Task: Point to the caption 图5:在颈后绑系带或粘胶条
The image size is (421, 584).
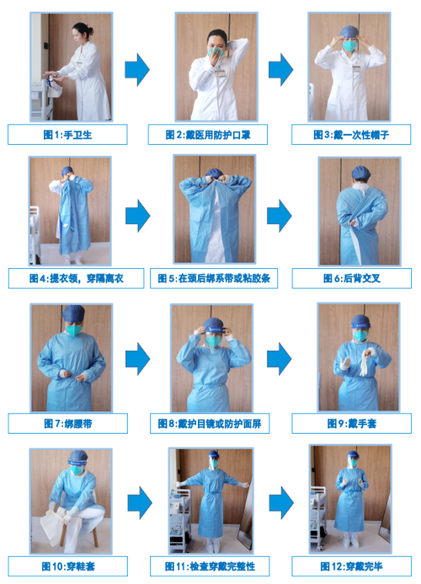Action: point(210,278)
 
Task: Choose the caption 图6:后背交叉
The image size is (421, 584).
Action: point(352,278)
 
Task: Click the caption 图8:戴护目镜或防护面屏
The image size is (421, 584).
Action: point(210,422)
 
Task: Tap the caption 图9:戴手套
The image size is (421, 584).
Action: point(352,422)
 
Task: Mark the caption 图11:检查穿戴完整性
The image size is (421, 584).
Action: point(210,565)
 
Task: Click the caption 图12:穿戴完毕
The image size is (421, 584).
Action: point(352,565)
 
